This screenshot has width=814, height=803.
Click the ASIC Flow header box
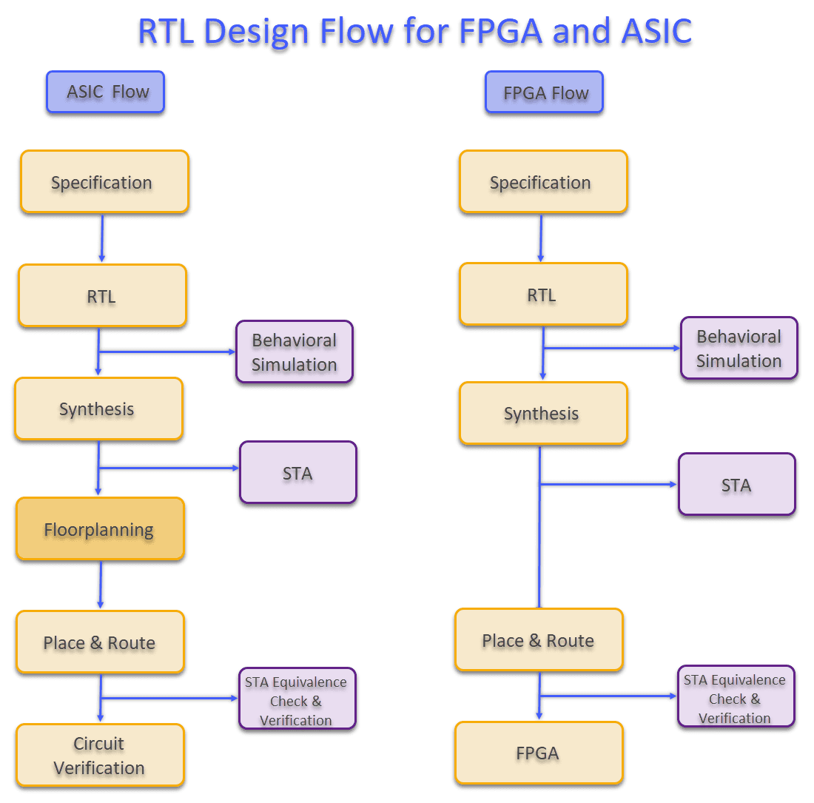pos(105,93)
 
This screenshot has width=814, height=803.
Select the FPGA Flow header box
pos(545,93)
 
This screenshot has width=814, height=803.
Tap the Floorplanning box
pos(100,529)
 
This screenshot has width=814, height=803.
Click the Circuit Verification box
pos(100,756)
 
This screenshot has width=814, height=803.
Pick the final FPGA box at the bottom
pos(539,753)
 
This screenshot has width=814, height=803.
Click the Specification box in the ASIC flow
pos(104,182)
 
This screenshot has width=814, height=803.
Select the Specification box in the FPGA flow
pos(543,182)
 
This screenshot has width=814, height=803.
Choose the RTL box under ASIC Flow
pos(102,296)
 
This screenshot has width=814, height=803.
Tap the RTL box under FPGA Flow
pos(543,295)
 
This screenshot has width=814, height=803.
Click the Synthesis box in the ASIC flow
pos(98,409)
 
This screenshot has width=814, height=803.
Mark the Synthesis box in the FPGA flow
pos(543,413)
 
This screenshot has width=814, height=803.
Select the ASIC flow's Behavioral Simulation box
pos(295,352)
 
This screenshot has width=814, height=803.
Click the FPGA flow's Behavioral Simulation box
pos(739,349)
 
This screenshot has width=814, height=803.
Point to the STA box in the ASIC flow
pos(298,473)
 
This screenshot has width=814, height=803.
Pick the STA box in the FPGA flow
pos(737,485)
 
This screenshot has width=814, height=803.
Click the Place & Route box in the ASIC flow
pos(100,642)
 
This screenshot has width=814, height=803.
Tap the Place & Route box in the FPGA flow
pos(539,640)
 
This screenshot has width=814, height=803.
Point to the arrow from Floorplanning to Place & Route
pos(101,585)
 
